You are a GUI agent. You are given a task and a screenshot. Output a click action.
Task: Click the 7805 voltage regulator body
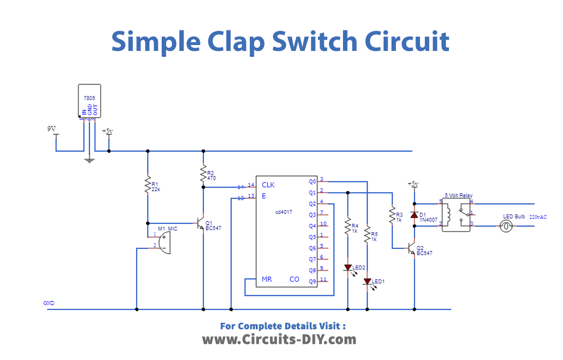(89, 100)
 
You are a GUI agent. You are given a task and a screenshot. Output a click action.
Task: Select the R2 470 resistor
(203, 174)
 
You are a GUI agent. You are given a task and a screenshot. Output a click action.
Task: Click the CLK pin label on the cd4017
(268, 185)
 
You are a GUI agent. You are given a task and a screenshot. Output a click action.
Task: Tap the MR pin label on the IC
(267, 279)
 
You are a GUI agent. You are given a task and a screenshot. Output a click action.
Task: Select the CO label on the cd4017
(294, 279)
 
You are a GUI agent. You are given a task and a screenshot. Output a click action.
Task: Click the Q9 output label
(312, 282)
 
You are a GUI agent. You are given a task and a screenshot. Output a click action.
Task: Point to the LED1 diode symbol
(367, 282)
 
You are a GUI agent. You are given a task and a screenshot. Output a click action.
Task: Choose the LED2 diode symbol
(347, 268)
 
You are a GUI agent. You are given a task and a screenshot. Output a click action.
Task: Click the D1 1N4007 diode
(414, 215)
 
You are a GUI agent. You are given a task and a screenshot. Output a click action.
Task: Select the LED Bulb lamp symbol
(506, 226)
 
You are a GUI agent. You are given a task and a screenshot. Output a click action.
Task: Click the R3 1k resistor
(392, 215)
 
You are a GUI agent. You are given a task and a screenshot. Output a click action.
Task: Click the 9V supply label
(51, 129)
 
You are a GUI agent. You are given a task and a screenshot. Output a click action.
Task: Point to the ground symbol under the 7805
(89, 159)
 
